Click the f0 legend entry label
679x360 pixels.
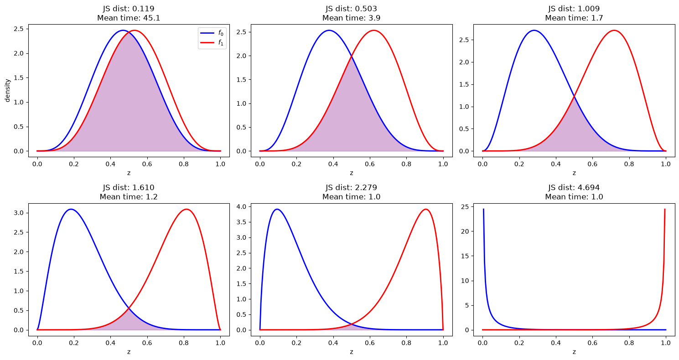coord(221,33)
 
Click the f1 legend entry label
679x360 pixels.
coord(221,43)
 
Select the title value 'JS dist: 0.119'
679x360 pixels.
coord(129,9)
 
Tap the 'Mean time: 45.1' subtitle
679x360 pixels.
coord(129,18)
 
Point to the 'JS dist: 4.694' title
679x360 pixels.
coord(574,188)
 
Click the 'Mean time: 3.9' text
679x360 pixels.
coord(351,18)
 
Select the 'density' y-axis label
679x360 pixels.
coord(8,91)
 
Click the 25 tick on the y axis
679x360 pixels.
coord(465,207)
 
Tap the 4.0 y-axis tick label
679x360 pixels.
coord(243,207)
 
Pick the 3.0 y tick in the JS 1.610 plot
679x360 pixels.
coord(19,213)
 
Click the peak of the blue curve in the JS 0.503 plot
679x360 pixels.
coord(329,30)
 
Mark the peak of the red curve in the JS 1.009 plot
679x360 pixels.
coord(614,30)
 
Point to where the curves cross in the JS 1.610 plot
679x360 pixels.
coord(129,308)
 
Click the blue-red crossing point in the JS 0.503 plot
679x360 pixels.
coord(352,56)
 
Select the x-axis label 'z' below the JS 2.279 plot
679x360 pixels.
coord(351,352)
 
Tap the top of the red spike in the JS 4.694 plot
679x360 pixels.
coord(665,209)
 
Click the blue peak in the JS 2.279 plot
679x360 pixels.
coord(277,209)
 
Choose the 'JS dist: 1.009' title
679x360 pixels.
coord(574,9)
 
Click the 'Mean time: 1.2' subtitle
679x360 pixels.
coord(129,197)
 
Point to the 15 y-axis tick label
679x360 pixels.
coord(465,256)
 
